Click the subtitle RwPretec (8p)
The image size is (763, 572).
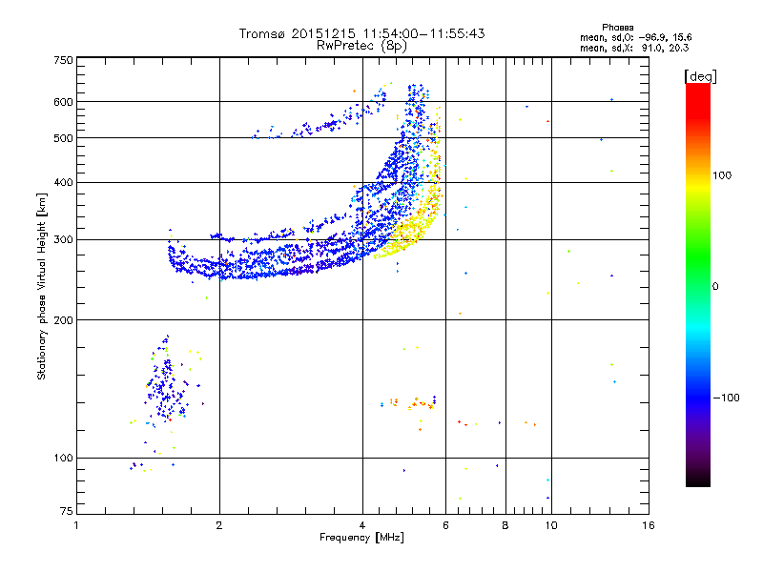[361, 46]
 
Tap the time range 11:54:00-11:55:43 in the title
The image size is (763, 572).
[423, 33]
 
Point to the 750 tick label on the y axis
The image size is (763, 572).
[63, 60]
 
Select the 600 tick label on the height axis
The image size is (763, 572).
[63, 102]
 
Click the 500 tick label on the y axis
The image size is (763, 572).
[63, 138]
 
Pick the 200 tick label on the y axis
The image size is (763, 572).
[63, 320]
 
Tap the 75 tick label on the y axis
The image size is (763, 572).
[66, 511]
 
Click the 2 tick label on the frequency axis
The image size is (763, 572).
[219, 525]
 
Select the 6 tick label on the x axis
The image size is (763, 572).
[445, 525]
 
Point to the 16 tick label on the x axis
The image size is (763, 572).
[649, 525]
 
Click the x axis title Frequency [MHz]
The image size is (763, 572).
[361, 538]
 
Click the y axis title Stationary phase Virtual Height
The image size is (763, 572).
[41, 300]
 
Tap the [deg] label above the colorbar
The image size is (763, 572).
[700, 76]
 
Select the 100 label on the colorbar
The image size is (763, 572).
[722, 175]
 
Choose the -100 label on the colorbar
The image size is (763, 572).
[726, 398]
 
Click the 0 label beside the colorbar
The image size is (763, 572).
[715, 287]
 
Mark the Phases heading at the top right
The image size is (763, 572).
[617, 28]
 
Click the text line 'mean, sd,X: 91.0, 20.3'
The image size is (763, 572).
[634, 48]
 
